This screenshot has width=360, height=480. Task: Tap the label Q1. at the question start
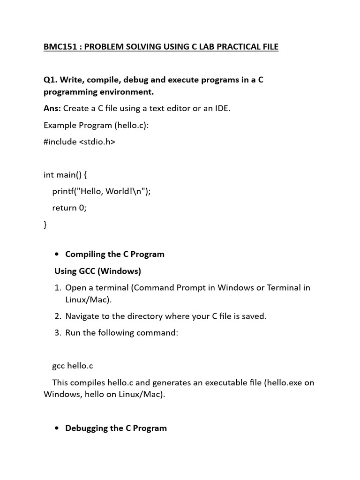(51, 80)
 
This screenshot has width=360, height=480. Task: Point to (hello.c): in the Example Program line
(133, 125)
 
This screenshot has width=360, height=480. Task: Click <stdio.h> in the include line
(97, 142)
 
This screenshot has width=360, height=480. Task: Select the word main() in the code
(70, 175)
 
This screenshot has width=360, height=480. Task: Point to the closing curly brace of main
(45, 225)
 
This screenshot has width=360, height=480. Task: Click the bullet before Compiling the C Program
(57, 255)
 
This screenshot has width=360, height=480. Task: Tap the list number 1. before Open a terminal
(59, 287)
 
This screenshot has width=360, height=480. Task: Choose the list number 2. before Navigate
(59, 316)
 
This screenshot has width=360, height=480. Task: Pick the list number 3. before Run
(59, 333)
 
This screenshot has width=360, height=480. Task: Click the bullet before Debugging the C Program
(57, 428)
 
